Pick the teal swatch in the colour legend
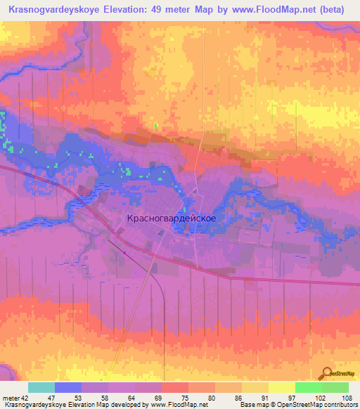pyautogui.click(x=41, y=387)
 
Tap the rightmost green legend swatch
pyautogui.click(x=335, y=387)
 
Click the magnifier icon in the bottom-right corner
pyautogui.click(x=327, y=372)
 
